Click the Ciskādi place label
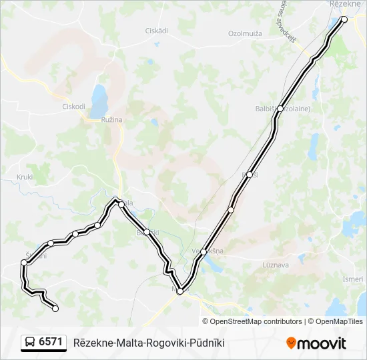click(x=156, y=31)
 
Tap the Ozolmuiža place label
click(x=244, y=33)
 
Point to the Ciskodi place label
click(x=73, y=106)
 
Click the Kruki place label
click(x=25, y=177)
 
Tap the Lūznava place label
click(x=276, y=265)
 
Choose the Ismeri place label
click(x=353, y=279)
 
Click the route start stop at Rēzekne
click(x=344, y=19)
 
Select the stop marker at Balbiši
click(x=280, y=109)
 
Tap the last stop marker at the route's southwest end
click(x=55, y=308)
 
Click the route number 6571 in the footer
click(x=51, y=343)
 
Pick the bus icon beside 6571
click(x=30, y=343)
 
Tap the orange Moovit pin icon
click(x=291, y=343)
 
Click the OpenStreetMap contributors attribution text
click(x=256, y=321)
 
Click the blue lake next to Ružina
click(x=99, y=100)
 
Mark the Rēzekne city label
click(x=345, y=4)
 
